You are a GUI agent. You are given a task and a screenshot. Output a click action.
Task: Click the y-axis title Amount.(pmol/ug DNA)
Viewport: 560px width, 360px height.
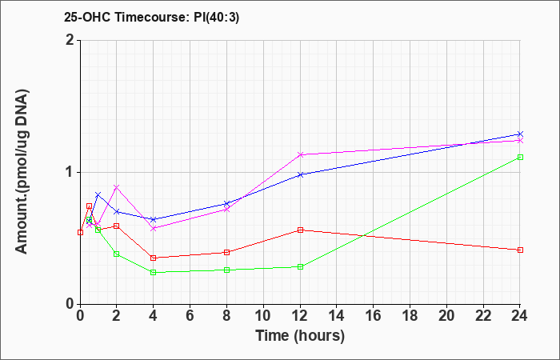point(22,172)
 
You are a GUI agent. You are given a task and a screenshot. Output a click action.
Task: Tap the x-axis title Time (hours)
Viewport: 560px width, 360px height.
point(300,336)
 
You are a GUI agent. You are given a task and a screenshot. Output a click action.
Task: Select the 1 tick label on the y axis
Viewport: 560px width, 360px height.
point(70,173)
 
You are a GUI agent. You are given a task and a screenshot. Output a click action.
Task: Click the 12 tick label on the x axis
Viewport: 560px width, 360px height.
point(300,316)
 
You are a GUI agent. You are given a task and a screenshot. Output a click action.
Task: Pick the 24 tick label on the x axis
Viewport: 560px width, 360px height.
point(520,316)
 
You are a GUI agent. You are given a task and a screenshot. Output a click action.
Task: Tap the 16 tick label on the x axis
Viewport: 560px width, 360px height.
point(374,316)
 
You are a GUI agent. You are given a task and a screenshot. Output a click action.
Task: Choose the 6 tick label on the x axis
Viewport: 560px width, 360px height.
point(190,316)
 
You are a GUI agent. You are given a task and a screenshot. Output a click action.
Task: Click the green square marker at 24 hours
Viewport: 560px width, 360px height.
point(520,157)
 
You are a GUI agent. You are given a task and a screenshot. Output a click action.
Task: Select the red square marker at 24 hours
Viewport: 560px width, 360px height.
point(520,250)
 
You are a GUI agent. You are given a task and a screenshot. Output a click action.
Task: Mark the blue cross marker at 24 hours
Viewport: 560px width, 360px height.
point(520,134)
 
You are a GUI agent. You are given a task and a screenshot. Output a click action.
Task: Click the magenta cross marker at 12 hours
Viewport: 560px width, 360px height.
point(300,154)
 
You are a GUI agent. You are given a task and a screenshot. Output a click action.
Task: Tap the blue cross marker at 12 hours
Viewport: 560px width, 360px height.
point(300,174)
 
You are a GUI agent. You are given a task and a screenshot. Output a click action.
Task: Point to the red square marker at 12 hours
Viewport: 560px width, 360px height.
point(300,230)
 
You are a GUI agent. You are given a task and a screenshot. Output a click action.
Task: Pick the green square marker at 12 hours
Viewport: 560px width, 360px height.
point(300,266)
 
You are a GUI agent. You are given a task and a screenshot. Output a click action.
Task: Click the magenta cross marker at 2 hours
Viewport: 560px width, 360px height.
point(117,187)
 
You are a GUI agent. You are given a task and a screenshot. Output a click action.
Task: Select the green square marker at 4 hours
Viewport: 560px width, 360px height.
point(154,273)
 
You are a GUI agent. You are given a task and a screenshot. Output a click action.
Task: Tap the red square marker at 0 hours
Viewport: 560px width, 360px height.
point(80,233)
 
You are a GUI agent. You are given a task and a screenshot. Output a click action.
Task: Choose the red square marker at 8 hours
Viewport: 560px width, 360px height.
point(226,253)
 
